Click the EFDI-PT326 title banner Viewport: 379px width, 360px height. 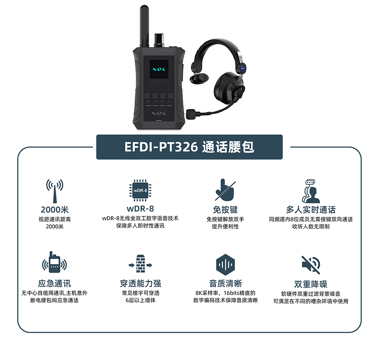(189, 147)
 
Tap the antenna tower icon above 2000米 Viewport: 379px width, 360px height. (55, 191)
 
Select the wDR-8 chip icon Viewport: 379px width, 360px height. (140, 191)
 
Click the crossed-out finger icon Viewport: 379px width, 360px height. (225, 190)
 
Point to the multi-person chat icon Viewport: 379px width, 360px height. (311, 191)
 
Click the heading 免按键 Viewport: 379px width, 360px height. (225, 209)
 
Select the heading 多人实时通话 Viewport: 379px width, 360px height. (311, 209)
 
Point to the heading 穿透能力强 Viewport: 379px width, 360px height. (140, 283)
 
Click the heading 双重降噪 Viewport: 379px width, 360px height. (311, 284)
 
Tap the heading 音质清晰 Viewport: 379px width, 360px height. (225, 283)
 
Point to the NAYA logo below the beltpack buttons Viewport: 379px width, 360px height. (159, 113)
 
